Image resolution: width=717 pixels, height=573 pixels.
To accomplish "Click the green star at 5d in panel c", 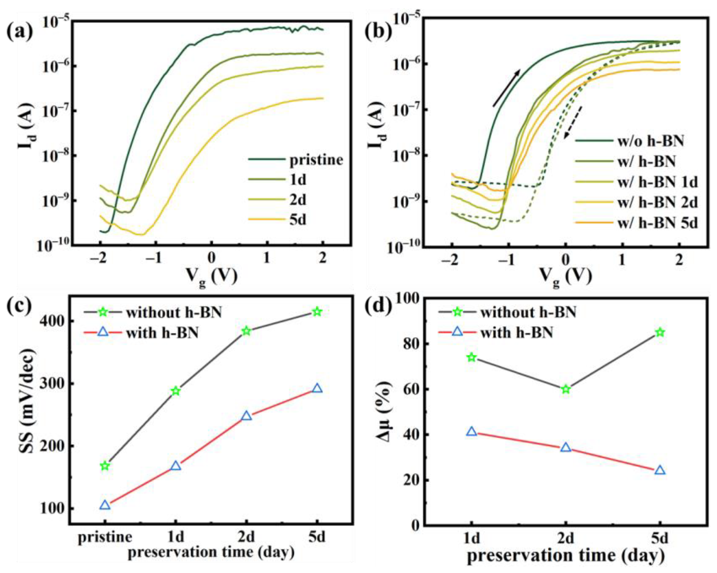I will pyautogui.click(x=317, y=312).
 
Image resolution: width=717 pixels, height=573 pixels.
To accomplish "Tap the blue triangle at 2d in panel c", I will pyautogui.click(x=247, y=416).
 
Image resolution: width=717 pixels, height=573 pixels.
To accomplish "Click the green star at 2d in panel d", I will pyautogui.click(x=566, y=389).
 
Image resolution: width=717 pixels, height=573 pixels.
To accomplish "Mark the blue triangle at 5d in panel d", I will pyautogui.click(x=660, y=470).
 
